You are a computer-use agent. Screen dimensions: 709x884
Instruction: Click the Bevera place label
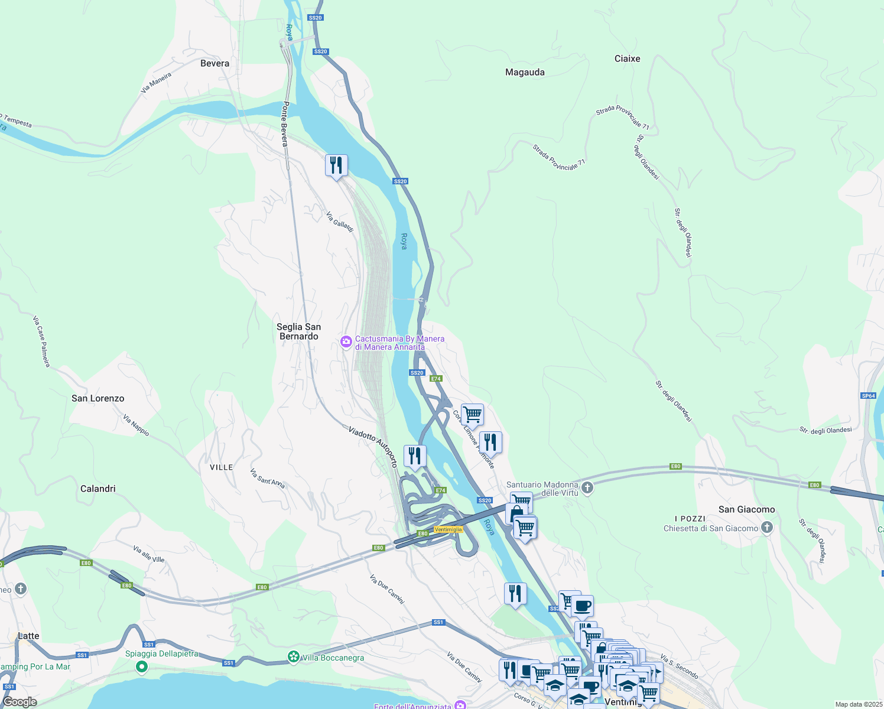tap(214, 63)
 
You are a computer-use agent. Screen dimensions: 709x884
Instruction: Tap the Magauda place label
tap(525, 72)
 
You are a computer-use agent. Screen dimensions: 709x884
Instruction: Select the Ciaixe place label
tap(627, 58)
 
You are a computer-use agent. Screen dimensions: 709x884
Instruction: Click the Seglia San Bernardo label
tap(298, 331)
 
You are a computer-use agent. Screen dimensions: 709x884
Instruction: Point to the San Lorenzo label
tap(98, 398)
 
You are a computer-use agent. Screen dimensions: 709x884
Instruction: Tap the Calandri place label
tap(98, 489)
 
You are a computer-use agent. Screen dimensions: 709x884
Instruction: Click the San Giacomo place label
tap(746, 509)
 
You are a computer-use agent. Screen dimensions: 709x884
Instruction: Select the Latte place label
tap(28, 636)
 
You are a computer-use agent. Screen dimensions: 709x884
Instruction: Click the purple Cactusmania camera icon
tap(346, 342)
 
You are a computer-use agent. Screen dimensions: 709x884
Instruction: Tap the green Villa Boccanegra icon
tap(294, 657)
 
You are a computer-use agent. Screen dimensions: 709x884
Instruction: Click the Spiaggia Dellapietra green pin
tap(141, 667)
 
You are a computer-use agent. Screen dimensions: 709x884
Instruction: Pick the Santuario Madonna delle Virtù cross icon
tap(587, 488)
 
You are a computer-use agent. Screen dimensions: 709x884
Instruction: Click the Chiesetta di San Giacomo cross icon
tap(766, 528)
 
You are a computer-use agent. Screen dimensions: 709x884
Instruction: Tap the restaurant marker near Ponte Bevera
tap(336, 165)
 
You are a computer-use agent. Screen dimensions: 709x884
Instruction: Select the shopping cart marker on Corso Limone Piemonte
tap(472, 415)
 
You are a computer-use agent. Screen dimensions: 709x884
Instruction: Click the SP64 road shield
tap(868, 396)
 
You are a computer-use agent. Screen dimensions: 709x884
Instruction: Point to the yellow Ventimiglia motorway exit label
tap(448, 529)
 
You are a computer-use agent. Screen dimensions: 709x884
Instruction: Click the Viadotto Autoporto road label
tap(372, 447)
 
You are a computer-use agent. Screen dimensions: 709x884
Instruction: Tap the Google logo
tap(19, 702)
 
